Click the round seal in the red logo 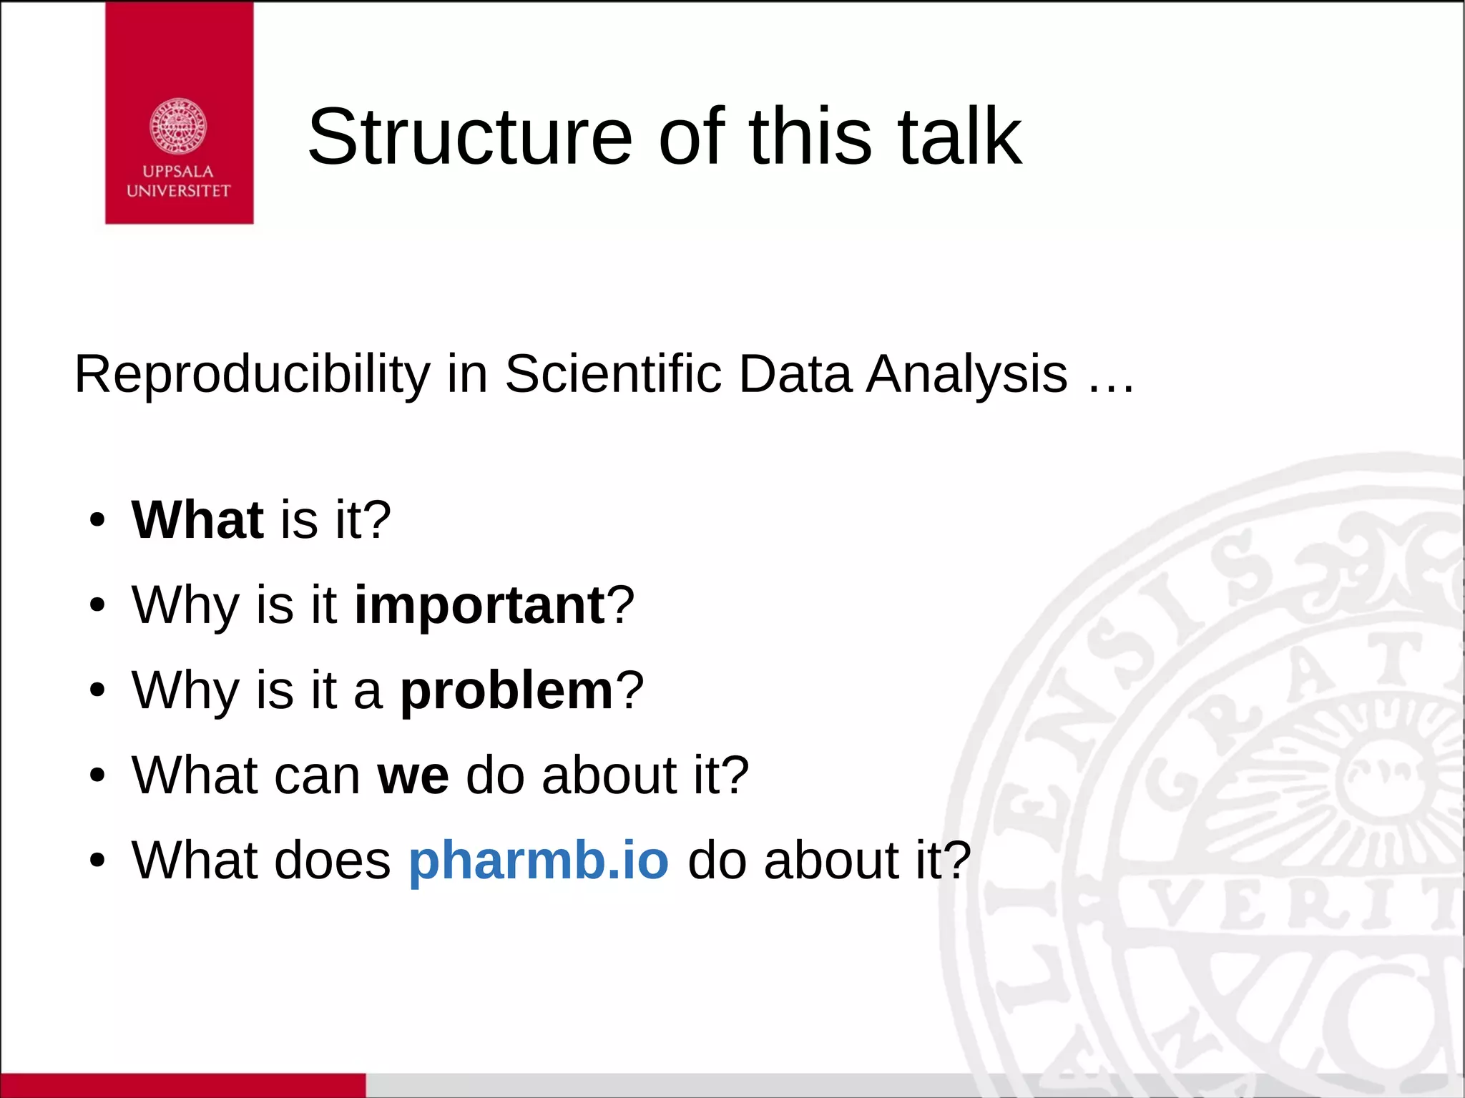tap(178, 127)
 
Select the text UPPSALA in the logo tap(178, 172)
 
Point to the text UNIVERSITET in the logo tap(178, 191)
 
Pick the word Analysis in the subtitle tap(966, 374)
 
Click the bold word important tap(480, 605)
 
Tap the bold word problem tap(506, 690)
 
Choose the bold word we tap(413, 775)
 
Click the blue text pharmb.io tap(539, 860)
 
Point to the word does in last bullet tap(332, 860)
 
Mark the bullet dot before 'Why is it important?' tap(98, 606)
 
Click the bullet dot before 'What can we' tap(98, 776)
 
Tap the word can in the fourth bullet tap(318, 775)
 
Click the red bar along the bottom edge tap(182, 1085)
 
